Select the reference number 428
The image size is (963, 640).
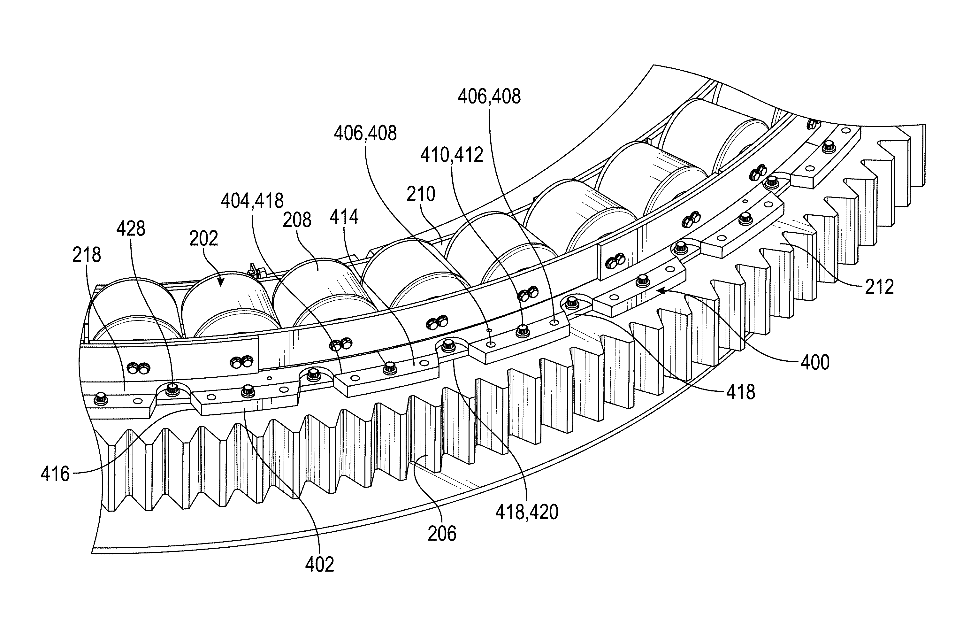131,229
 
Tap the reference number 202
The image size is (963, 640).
203,239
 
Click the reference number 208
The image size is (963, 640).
297,220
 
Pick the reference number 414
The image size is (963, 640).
344,217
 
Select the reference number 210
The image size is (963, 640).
421,194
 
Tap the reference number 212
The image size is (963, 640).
879,287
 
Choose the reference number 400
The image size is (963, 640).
815,362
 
